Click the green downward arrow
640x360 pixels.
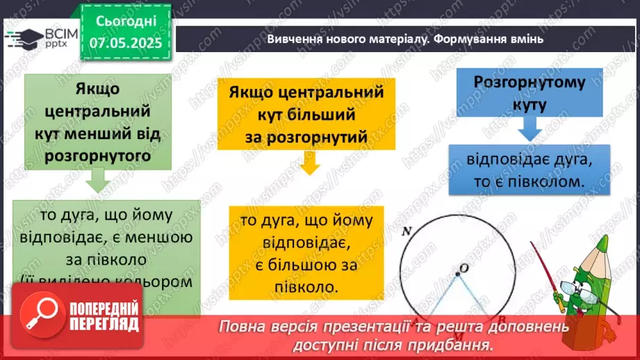(x=95, y=182)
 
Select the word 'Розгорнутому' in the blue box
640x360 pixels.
(x=530, y=82)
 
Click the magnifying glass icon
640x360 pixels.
(x=38, y=316)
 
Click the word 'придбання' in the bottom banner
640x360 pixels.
(x=463, y=345)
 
